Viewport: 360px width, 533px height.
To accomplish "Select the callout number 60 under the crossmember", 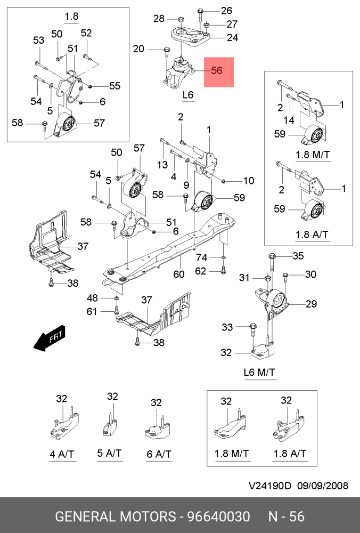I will point(179,274).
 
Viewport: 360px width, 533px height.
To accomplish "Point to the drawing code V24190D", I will point(270,486).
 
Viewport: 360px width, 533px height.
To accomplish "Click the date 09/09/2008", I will point(323,486).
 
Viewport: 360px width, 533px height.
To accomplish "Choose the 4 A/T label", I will point(62,455).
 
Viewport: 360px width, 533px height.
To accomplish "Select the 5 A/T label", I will point(109,454).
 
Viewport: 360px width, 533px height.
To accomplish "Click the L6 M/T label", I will point(259,372).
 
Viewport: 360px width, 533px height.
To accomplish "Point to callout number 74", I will point(201,257).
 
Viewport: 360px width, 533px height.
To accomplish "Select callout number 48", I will point(93,298).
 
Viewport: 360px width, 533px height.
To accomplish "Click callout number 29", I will point(311,304).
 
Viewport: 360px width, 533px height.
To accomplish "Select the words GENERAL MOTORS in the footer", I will point(116,516).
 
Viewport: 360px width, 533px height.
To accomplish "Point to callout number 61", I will point(92,311).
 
